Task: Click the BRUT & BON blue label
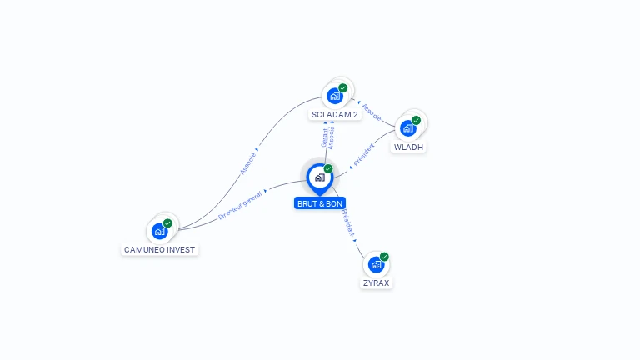(x=320, y=203)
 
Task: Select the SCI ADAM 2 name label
(x=335, y=115)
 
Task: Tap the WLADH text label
(x=408, y=147)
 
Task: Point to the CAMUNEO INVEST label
(x=160, y=249)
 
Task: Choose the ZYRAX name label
(x=377, y=282)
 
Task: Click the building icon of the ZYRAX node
(x=376, y=264)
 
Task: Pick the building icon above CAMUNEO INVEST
(x=159, y=232)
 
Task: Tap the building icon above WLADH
(x=407, y=128)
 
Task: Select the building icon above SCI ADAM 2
(x=335, y=97)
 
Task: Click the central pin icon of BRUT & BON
(x=320, y=178)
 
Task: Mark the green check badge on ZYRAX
(x=384, y=257)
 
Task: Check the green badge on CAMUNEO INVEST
(x=167, y=223)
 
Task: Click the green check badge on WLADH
(x=416, y=120)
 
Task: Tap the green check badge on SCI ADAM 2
(x=342, y=88)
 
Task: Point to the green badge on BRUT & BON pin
(x=328, y=168)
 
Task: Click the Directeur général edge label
(x=240, y=205)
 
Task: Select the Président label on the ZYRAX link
(x=348, y=222)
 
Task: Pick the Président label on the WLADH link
(x=363, y=155)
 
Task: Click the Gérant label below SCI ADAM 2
(x=324, y=137)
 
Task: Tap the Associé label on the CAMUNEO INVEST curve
(x=247, y=163)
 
